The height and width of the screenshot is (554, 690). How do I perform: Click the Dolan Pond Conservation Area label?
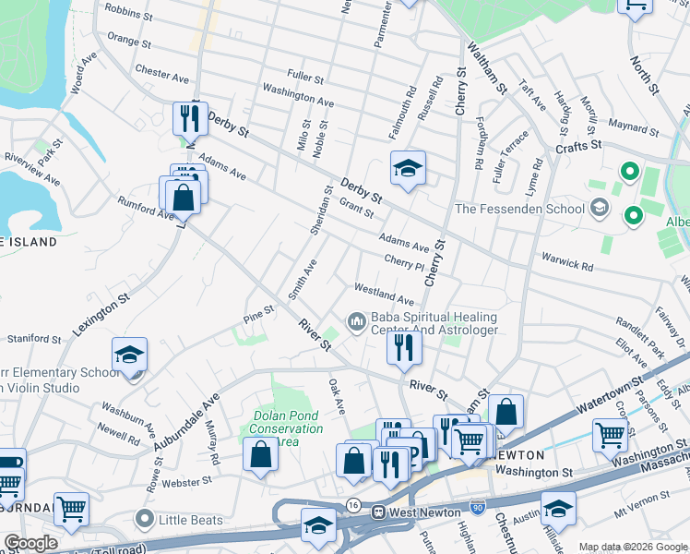[x=287, y=428]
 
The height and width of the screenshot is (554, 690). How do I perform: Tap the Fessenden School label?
[x=519, y=209]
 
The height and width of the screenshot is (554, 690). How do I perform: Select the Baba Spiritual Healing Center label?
[x=434, y=322]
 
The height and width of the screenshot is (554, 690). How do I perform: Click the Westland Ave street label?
[x=385, y=298]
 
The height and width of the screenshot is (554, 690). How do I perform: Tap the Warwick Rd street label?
[x=567, y=264]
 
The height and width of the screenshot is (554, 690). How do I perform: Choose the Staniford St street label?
[x=32, y=340]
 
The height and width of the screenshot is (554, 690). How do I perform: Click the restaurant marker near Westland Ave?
[x=403, y=346]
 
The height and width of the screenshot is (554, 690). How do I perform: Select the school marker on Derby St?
[x=408, y=168]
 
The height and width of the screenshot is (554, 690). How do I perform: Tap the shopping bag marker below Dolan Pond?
[x=261, y=454]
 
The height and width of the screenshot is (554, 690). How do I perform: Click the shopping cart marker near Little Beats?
[x=71, y=507]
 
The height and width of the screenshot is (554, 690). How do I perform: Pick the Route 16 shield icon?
[x=354, y=505]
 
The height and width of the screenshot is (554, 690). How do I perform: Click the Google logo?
[x=30, y=543]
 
